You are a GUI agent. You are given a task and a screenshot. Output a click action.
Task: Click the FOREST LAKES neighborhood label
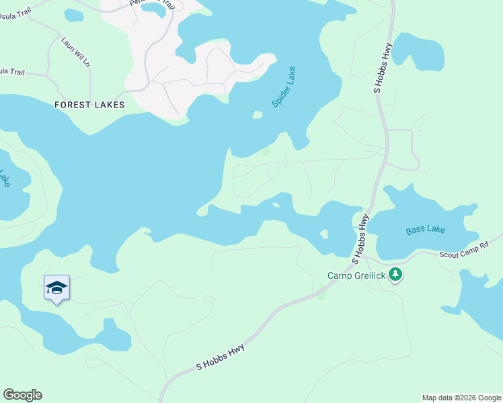(89, 105)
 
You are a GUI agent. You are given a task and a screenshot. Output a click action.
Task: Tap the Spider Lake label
(283, 87)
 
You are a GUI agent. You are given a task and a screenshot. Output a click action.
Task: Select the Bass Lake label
(425, 230)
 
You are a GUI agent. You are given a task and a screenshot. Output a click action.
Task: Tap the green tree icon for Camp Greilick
(396, 275)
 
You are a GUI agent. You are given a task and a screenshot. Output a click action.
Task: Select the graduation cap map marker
(57, 288)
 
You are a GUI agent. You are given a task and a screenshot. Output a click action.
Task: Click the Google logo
(22, 395)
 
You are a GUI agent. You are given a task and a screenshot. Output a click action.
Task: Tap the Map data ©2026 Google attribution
(461, 398)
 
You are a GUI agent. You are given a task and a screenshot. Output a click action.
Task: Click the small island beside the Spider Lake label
(257, 115)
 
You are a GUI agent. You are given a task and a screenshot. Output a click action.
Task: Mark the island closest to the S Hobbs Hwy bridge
(324, 234)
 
